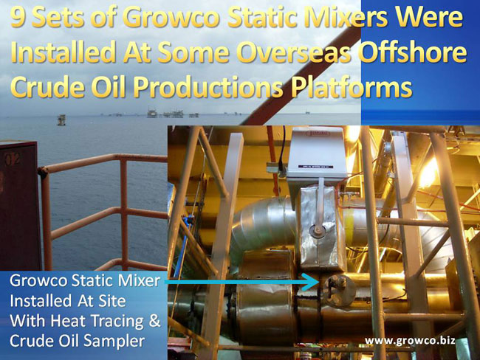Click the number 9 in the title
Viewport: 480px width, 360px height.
[x=18, y=18]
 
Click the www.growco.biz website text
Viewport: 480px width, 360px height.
[x=410, y=340]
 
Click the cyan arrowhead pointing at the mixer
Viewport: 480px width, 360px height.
[x=312, y=282]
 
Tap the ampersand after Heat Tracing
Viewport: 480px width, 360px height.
[x=154, y=320]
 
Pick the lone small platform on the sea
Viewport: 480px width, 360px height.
[x=61, y=120]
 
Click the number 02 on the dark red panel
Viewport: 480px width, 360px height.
[x=13, y=159]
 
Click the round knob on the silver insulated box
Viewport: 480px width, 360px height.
[x=317, y=230]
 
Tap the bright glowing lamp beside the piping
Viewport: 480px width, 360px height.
[x=428, y=172]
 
